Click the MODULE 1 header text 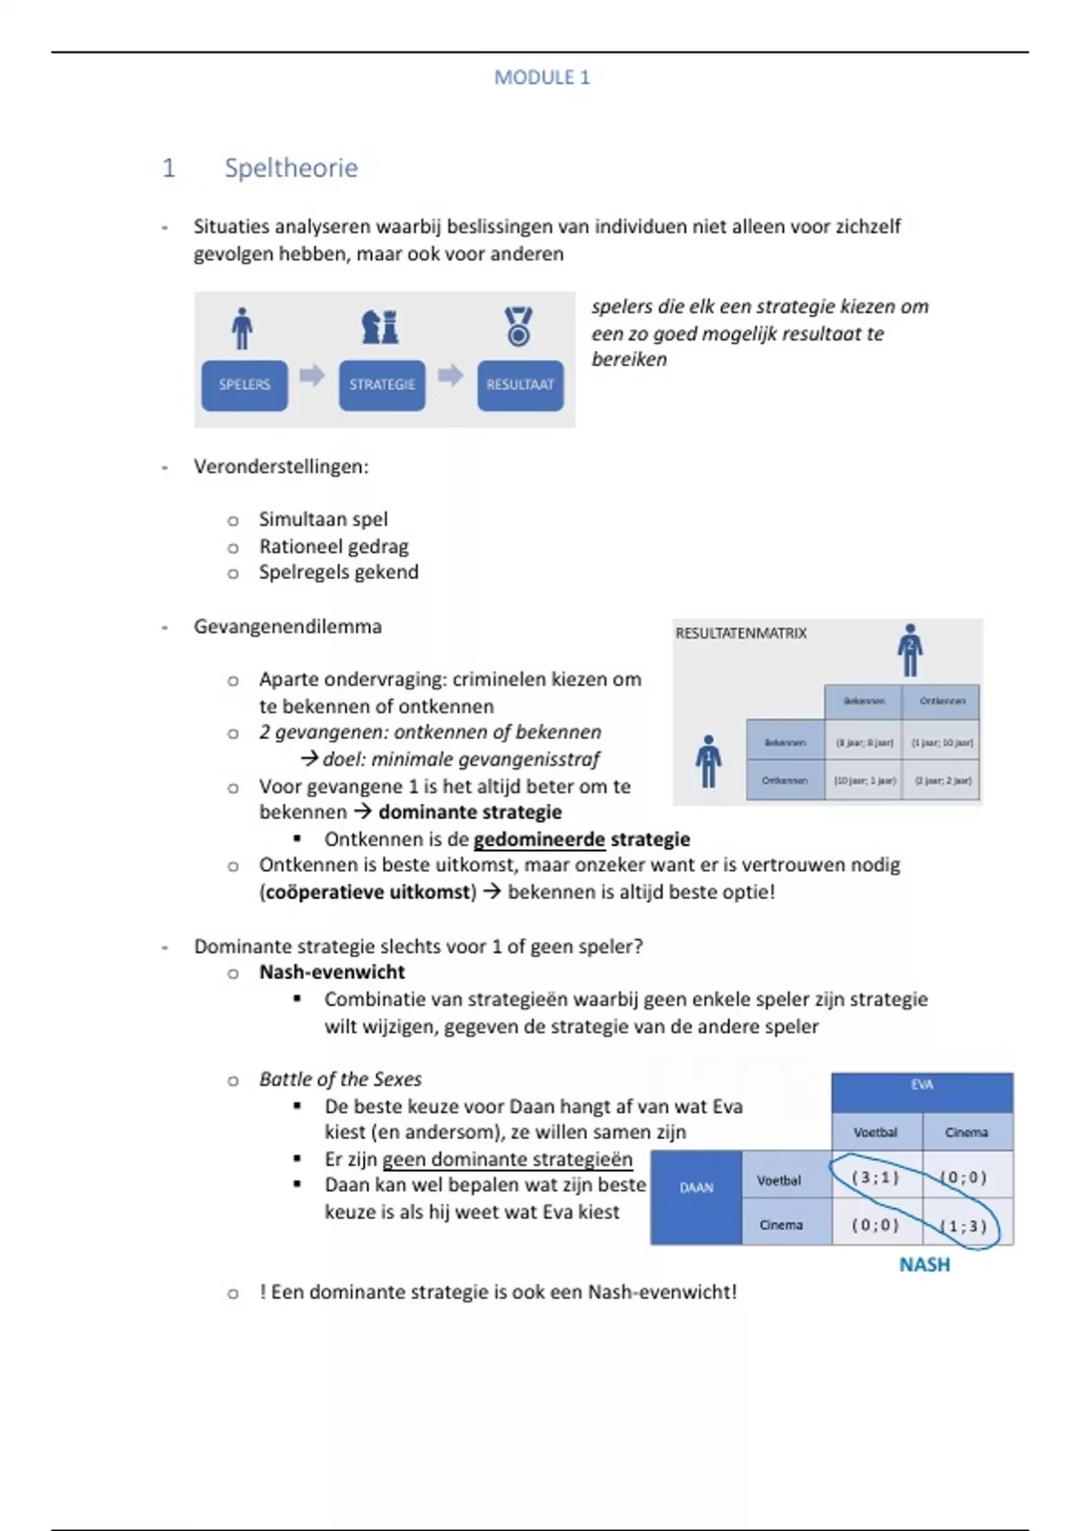point(541,77)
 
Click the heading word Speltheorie point(291,168)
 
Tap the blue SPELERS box point(244,385)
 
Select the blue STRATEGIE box point(382,385)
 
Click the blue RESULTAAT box point(520,385)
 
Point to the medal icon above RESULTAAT point(518,326)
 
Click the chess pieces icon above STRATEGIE point(380,326)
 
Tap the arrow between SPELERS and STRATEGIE point(312,375)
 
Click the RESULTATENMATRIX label point(740,633)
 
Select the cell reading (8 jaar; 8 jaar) point(864,743)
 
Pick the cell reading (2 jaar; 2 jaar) point(942,781)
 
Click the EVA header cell point(922,1085)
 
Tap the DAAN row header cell point(696,1188)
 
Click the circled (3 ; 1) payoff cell point(876,1177)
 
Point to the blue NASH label point(924,1264)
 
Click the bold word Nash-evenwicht point(332,972)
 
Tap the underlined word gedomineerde point(539,839)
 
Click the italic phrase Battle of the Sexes point(340,1079)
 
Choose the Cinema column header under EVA point(966,1132)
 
